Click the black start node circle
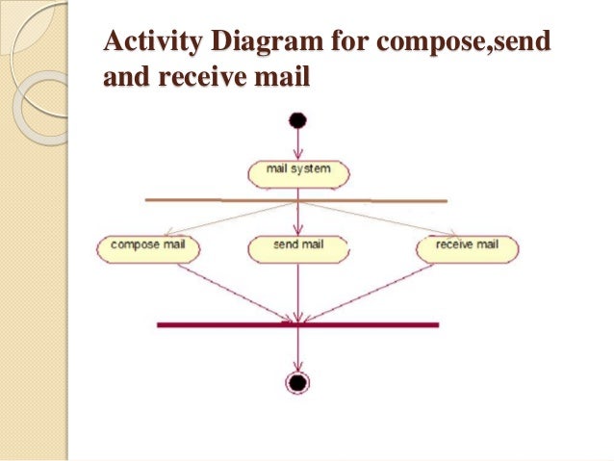coord(297,121)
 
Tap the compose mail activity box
coord(148,248)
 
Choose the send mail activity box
coord(298,248)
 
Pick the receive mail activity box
coord(467,248)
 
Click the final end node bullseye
coord(298,382)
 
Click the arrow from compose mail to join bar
coord(231,292)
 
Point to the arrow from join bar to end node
coord(298,349)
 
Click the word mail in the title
coord(284,77)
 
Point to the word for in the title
coord(347,43)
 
